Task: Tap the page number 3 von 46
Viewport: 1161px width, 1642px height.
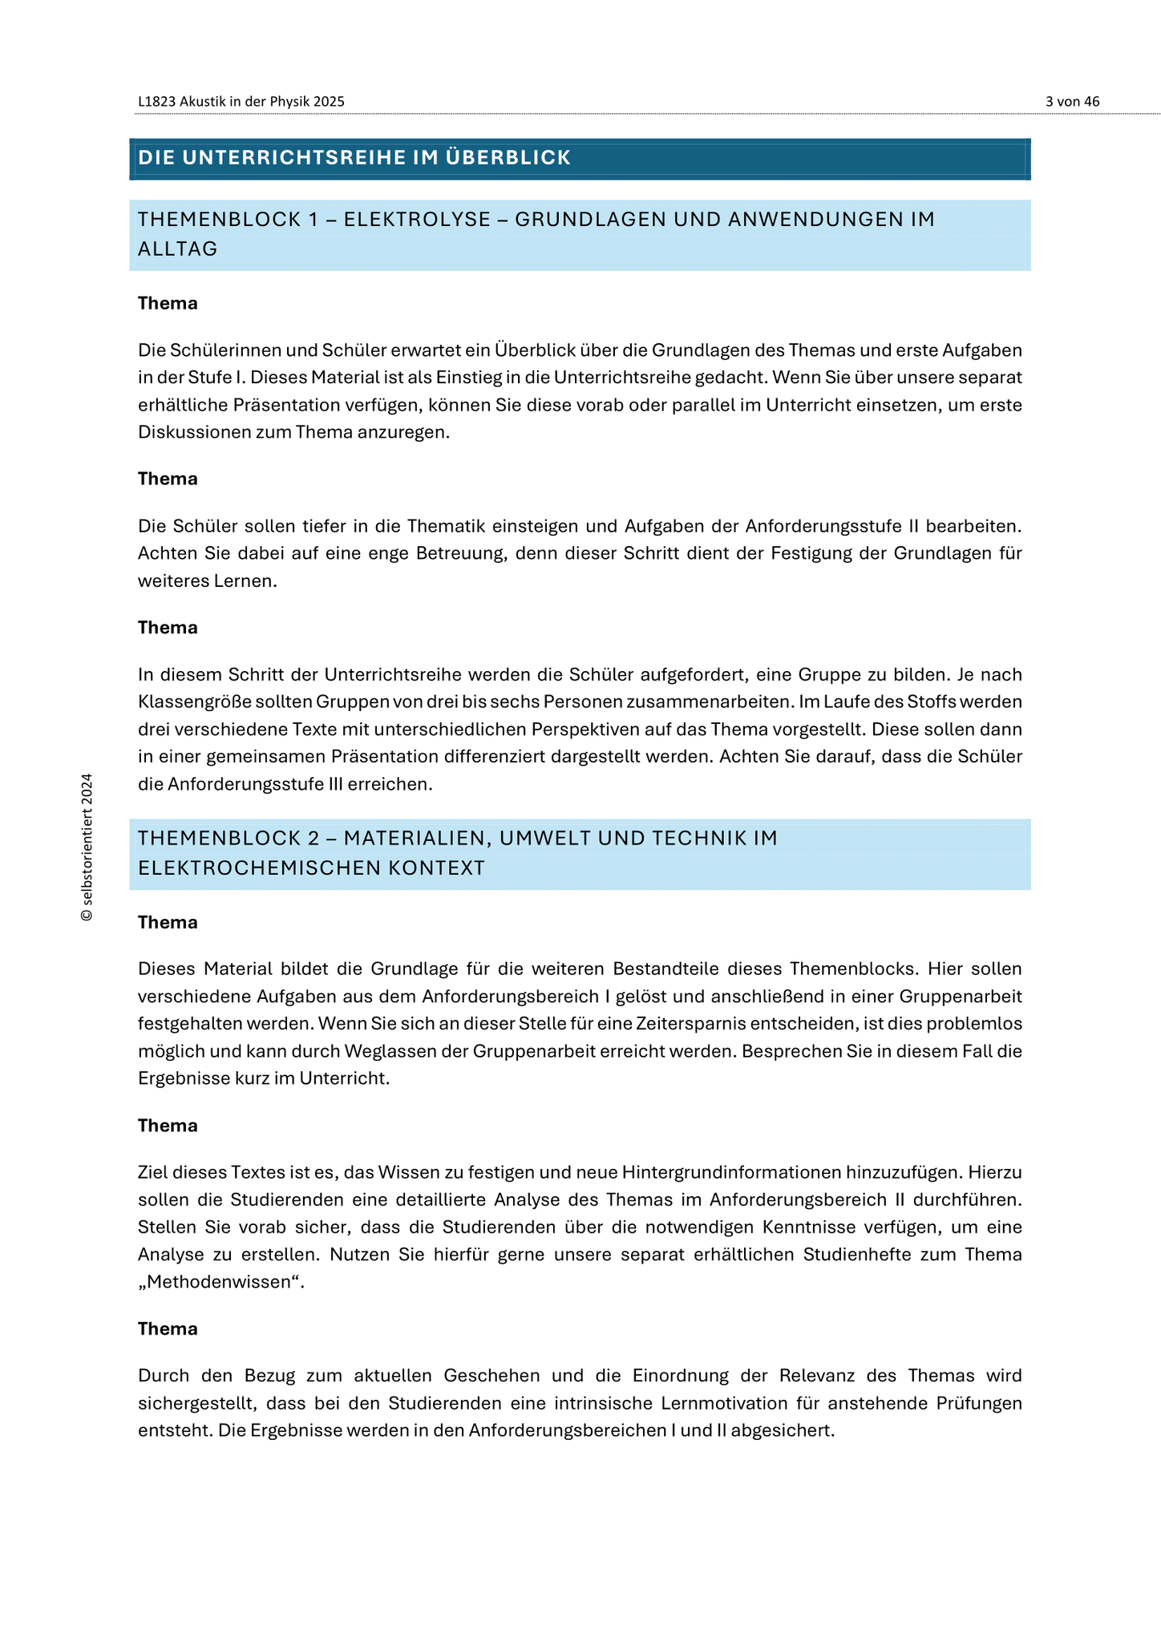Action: point(1072,102)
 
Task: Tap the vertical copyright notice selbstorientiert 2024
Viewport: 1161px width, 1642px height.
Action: point(87,847)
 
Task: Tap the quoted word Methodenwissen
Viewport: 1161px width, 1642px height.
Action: point(221,1281)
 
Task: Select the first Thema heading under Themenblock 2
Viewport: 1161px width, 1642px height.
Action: point(168,923)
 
